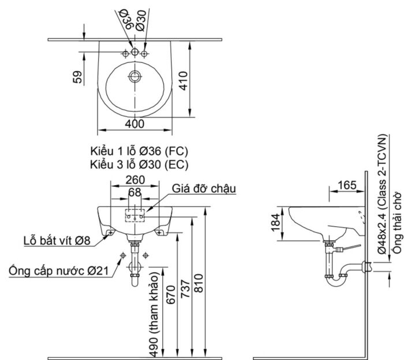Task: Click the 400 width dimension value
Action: (x=134, y=123)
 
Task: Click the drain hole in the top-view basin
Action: (x=135, y=76)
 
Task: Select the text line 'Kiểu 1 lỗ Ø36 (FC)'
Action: (x=139, y=152)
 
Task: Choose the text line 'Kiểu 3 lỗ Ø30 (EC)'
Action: (x=139, y=164)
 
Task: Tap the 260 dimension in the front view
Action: (x=134, y=179)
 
